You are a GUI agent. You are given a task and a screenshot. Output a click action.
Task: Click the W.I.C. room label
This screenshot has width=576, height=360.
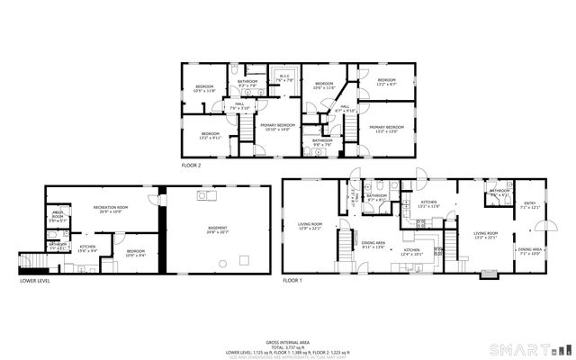(283, 77)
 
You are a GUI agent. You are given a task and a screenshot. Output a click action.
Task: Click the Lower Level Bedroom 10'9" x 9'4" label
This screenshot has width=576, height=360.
(136, 253)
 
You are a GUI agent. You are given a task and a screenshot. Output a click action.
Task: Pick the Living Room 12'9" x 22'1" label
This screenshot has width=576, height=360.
(310, 226)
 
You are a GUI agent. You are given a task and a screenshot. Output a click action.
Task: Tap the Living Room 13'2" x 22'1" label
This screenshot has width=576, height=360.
(486, 236)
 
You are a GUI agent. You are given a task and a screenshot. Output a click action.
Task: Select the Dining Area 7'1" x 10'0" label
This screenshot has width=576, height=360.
(529, 251)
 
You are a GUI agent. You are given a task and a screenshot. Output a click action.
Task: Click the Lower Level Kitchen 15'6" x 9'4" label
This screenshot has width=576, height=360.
(87, 248)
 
